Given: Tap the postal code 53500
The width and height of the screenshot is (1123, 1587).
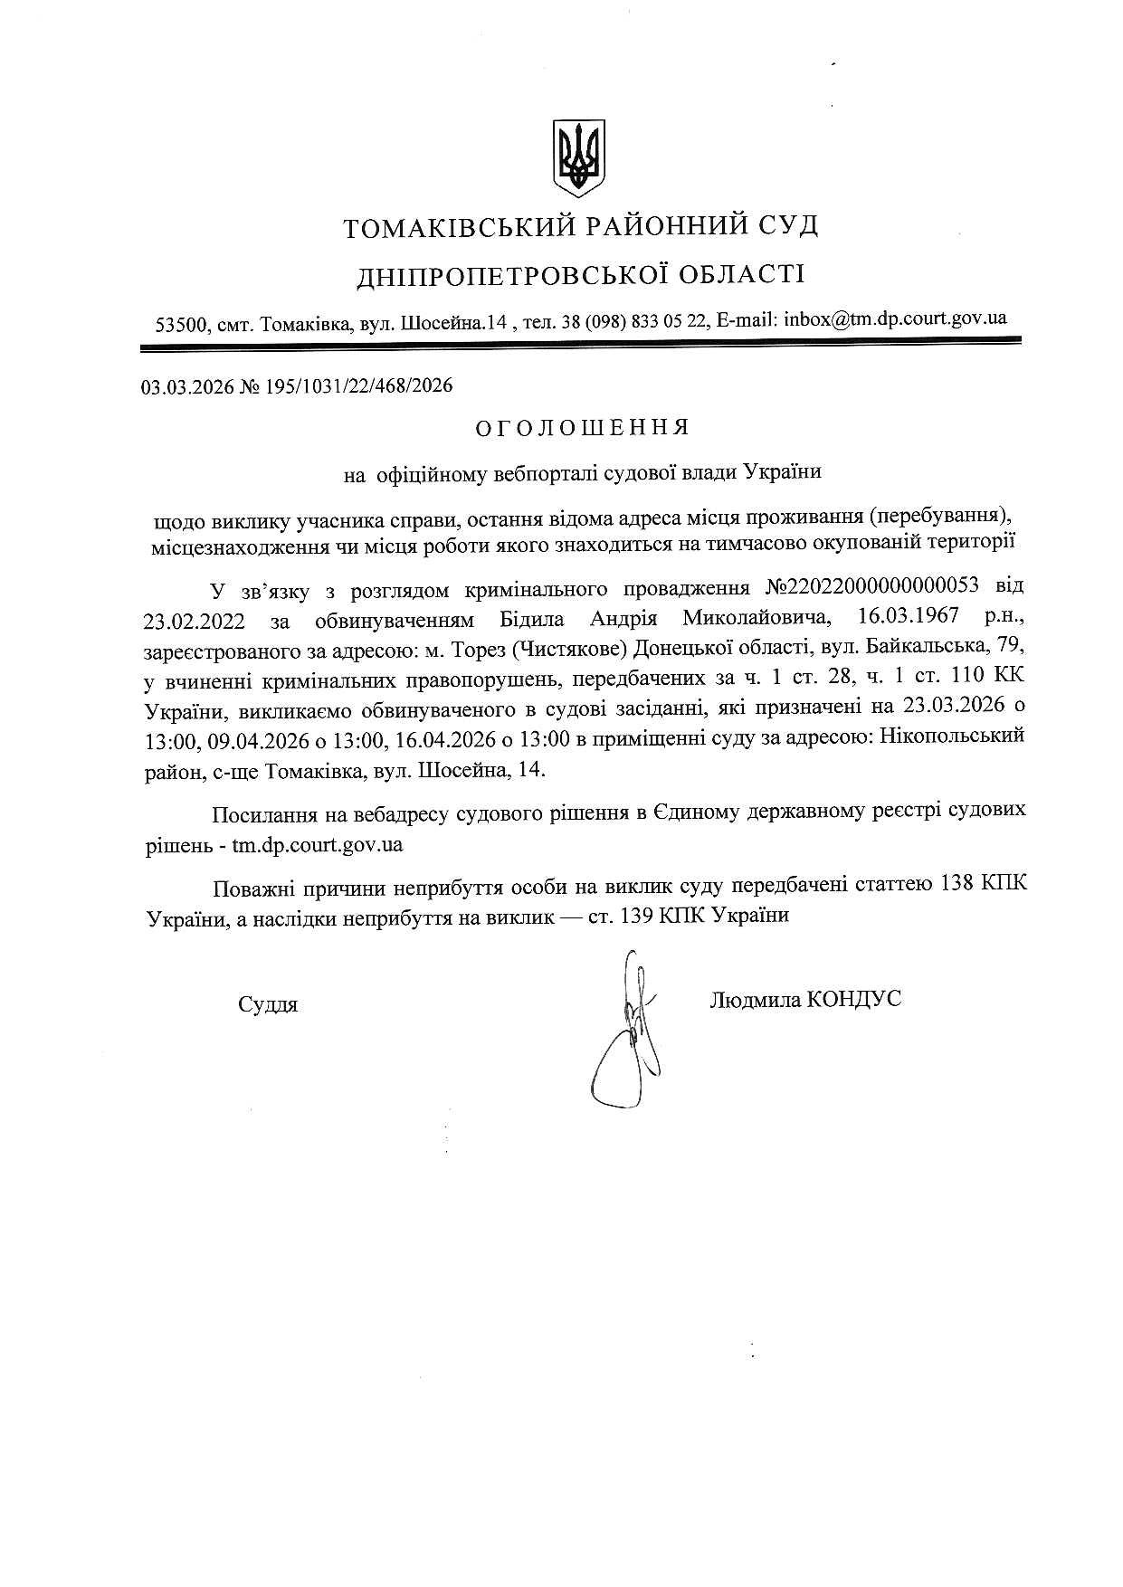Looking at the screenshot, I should [181, 323].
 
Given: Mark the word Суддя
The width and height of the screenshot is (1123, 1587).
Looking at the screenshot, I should [268, 1004].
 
